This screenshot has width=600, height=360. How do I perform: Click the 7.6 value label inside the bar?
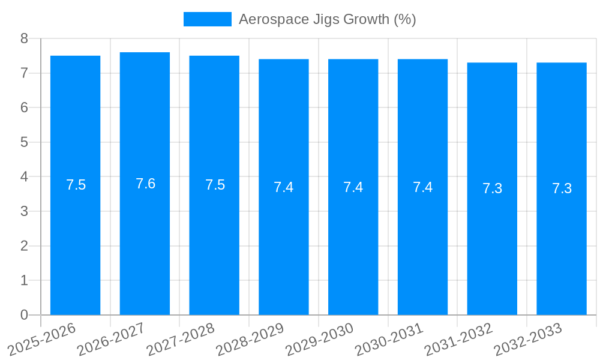point(145,184)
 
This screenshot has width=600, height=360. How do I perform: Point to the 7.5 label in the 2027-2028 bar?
point(215,185)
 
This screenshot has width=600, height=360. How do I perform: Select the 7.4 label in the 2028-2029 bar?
point(284,187)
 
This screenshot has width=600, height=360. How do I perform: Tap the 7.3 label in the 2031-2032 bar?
point(492,188)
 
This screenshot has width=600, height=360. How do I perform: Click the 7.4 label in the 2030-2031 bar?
point(422,187)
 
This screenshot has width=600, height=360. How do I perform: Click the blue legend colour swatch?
point(207,19)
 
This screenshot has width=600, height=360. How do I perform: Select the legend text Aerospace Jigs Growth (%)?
point(327,19)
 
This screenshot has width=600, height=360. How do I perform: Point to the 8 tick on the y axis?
point(24,38)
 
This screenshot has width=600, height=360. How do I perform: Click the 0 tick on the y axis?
point(24,315)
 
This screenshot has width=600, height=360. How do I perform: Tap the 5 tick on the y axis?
point(24,142)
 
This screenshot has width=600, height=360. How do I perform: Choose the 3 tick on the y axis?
point(24,211)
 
